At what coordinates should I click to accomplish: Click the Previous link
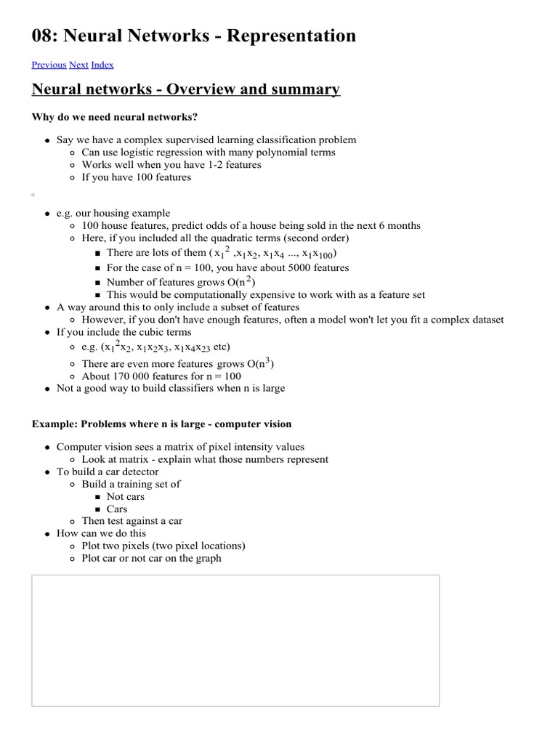49,65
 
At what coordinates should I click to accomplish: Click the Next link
78,65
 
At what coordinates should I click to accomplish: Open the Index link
102,65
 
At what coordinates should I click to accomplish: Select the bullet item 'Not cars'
125,497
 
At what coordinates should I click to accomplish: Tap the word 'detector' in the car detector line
139,472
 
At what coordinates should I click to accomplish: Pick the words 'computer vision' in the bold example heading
251,424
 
